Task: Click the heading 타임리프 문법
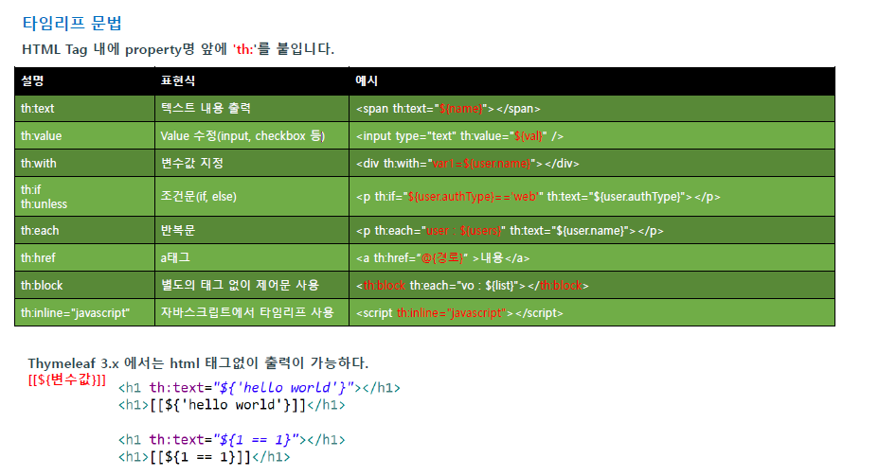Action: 72,24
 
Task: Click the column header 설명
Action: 32,80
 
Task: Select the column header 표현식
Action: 178,80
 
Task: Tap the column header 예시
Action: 367,80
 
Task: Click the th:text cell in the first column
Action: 37,109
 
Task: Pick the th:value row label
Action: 41,136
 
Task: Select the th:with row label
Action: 39,163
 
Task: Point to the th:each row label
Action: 39,230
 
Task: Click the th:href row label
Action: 38,257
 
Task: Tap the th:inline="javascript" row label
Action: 75,312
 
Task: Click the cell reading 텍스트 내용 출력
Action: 206,109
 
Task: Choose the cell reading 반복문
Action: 177,230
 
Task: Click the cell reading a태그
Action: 175,257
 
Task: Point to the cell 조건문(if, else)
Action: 199,197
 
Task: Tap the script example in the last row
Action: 455,312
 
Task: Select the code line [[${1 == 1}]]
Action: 204,457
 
